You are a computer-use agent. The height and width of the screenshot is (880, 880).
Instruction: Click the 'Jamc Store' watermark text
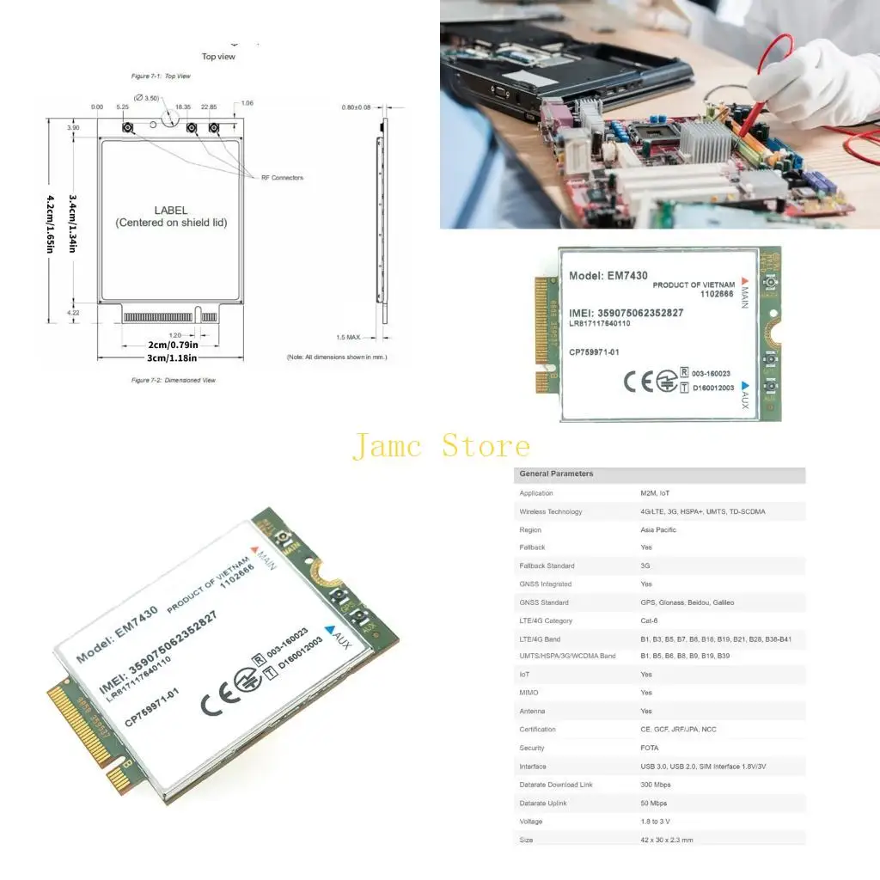(441, 447)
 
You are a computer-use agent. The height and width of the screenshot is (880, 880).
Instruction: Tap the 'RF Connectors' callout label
(282, 178)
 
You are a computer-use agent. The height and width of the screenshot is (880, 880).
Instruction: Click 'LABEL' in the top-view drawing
(171, 210)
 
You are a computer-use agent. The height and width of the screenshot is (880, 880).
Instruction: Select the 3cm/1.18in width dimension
(170, 357)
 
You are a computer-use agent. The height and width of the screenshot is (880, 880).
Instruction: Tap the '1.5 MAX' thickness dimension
(349, 337)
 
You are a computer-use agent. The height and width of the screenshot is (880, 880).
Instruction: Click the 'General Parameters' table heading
(557, 474)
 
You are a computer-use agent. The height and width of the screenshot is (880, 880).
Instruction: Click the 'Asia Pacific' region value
(658, 529)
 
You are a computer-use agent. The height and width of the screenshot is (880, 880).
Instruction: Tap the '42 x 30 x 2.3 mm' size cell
(667, 840)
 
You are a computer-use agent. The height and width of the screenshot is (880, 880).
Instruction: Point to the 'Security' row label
(532, 748)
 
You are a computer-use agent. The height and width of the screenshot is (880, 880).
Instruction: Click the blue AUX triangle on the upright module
(745, 386)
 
